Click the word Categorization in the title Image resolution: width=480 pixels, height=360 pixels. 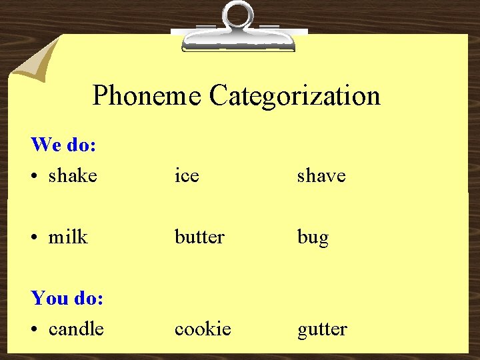point(294,95)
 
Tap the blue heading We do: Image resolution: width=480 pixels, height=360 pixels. point(64,144)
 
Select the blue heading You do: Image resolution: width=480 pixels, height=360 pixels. point(67,297)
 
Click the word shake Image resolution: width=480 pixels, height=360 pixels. point(73,176)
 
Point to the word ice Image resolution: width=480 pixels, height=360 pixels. point(187,176)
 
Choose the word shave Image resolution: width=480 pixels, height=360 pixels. point(321,176)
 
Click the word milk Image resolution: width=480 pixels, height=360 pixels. point(68,237)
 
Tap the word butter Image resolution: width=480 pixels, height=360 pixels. point(199,237)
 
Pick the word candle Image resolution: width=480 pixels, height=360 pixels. point(76,329)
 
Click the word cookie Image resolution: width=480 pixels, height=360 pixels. point(203,329)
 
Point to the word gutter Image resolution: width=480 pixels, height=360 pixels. point(322,329)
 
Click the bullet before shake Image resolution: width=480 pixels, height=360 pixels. point(35,177)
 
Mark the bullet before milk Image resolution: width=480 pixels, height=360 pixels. point(35,237)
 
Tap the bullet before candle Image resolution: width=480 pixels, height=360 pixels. point(35,329)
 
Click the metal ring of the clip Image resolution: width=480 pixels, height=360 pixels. point(239,14)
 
